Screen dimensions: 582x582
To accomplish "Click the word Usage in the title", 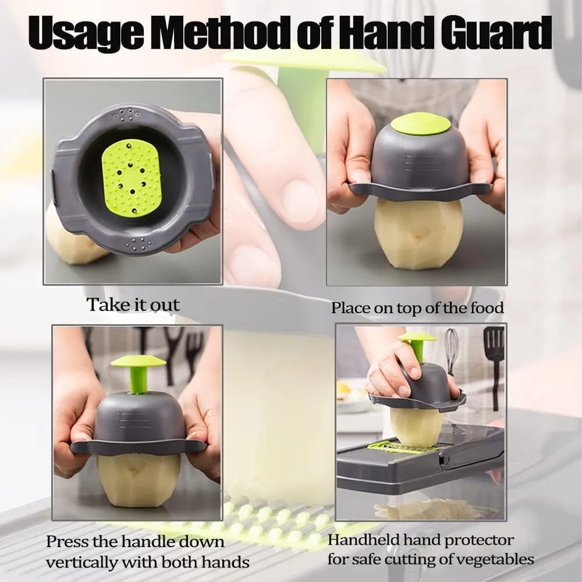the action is [86, 33].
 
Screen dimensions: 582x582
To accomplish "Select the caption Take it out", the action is [133, 305].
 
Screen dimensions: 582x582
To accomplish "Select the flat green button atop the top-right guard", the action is [421, 124].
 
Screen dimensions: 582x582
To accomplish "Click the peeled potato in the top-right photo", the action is [418, 233].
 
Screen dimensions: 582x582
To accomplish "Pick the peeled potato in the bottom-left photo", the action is [139, 479].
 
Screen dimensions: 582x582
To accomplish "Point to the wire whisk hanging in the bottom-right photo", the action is [451, 350].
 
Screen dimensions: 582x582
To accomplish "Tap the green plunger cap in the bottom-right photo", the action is [417, 337].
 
